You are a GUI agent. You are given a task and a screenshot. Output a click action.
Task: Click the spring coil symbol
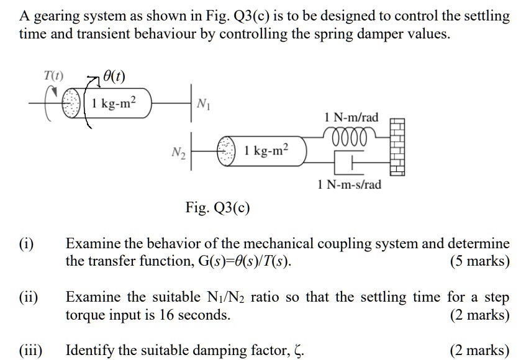coord(349,133)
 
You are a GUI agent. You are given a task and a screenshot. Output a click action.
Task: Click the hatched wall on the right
coord(397,147)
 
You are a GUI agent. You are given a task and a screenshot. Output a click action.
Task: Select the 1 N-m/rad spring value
coord(351,117)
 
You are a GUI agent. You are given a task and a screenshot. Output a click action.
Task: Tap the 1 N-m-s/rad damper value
coord(349,184)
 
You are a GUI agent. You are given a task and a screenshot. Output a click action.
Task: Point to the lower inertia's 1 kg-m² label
coord(266,150)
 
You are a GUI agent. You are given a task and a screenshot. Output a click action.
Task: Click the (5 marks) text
coord(479,261)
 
